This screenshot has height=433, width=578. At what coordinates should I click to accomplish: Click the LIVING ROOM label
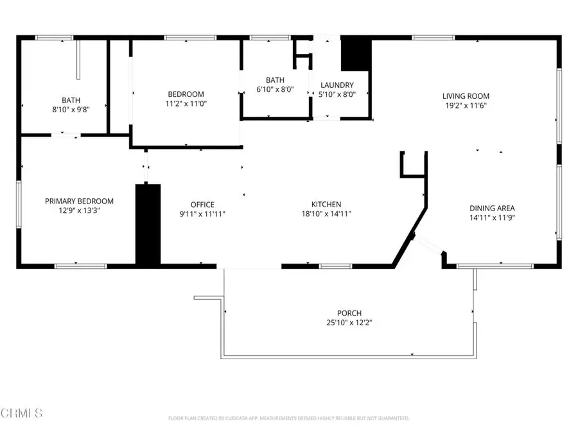click(466, 96)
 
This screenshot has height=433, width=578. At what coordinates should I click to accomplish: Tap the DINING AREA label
click(492, 208)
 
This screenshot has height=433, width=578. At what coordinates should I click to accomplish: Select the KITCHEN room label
click(326, 205)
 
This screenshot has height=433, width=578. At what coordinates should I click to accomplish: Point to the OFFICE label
click(202, 205)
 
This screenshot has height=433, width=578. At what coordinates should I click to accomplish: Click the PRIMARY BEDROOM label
click(79, 201)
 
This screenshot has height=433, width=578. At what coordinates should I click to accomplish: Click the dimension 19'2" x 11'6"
click(466, 106)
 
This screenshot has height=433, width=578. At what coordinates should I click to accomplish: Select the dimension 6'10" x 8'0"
click(275, 90)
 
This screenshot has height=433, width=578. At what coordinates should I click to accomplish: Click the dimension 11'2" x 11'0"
click(186, 103)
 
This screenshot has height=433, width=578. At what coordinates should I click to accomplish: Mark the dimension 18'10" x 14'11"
click(326, 214)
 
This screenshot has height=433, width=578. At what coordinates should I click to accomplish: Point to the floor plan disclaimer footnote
click(288, 418)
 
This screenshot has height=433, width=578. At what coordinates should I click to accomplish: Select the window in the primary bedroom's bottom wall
click(80, 266)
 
